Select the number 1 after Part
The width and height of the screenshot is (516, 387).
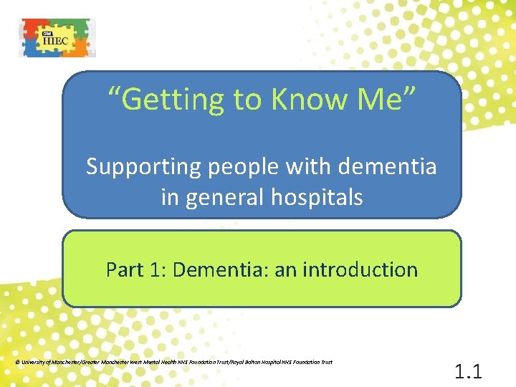click(x=158, y=269)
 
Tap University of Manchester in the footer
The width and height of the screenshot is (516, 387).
click(x=44, y=362)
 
